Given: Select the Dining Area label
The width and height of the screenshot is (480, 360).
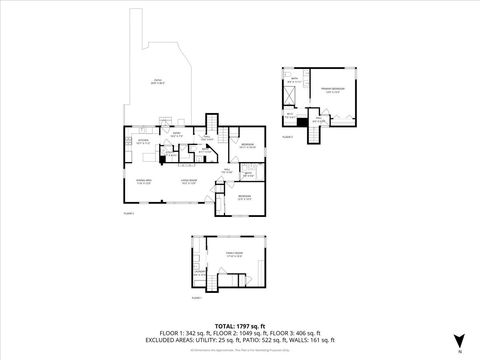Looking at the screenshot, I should (142, 181).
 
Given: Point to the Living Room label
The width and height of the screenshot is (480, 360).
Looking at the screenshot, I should (187, 181).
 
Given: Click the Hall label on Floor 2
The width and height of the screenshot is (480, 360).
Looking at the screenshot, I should (227, 171).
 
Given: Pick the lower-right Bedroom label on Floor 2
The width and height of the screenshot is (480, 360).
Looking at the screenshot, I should (244, 196).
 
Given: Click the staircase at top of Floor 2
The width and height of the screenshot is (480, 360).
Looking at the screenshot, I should (210, 123).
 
